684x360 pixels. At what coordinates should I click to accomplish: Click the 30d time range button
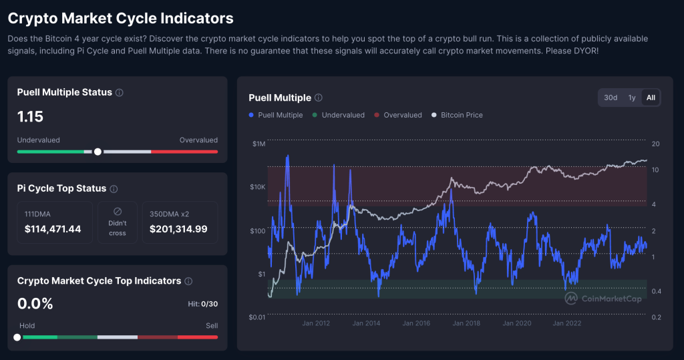pyautogui.click(x=611, y=98)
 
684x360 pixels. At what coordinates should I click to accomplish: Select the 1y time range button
pyautogui.click(x=632, y=98)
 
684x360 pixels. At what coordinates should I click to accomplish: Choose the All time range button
pyautogui.click(x=651, y=98)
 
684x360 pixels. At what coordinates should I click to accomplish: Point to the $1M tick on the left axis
pyautogui.click(x=259, y=144)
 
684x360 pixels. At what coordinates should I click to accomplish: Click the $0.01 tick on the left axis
pyautogui.click(x=257, y=317)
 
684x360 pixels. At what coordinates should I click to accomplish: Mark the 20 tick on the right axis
pyautogui.click(x=655, y=144)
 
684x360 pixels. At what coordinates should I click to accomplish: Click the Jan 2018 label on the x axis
pyautogui.click(x=467, y=323)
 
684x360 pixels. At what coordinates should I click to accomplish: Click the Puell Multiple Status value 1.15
pyautogui.click(x=30, y=117)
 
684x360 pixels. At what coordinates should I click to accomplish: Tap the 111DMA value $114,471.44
pyautogui.click(x=52, y=229)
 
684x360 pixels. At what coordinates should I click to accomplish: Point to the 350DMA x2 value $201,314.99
pyautogui.click(x=178, y=229)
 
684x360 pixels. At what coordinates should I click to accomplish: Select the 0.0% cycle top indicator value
pyautogui.click(x=35, y=304)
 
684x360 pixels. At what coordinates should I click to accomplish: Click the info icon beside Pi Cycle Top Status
pyautogui.click(x=114, y=189)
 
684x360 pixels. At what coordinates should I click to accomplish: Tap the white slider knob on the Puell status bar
pyautogui.click(x=98, y=152)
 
